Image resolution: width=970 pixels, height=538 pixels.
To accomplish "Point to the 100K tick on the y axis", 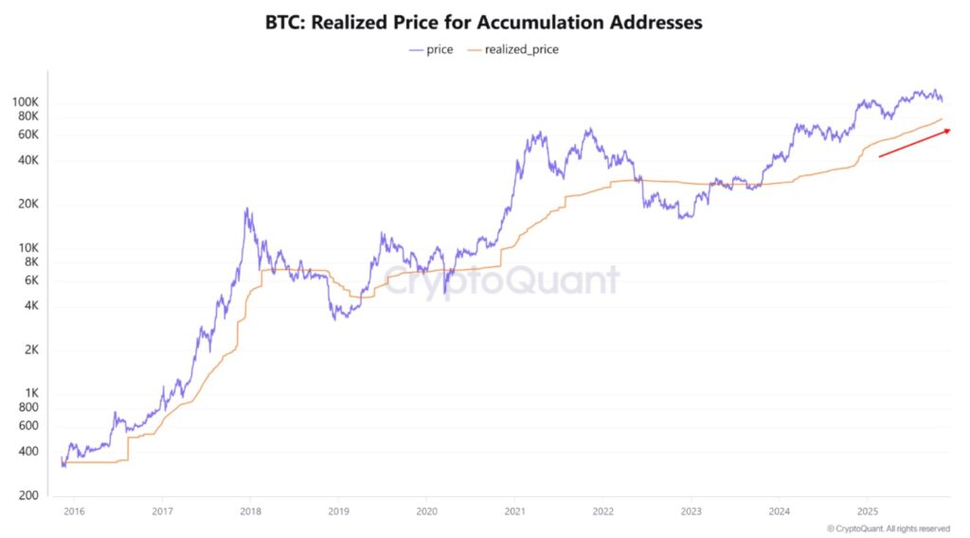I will (50, 102).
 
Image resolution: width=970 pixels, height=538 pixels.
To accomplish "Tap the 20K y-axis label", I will (53, 205).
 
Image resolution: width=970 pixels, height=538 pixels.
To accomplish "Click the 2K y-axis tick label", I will (56, 350).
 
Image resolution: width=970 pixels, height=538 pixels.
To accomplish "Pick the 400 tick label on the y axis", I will (55, 452).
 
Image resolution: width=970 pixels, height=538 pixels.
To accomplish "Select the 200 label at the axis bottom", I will (55, 495).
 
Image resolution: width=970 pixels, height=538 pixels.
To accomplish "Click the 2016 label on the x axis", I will (74, 511).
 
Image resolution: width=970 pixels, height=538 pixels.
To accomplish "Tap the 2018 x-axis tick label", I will (250, 511).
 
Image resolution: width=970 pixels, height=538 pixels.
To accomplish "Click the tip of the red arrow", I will (950, 130).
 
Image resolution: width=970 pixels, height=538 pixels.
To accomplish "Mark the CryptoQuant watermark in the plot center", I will (501, 281).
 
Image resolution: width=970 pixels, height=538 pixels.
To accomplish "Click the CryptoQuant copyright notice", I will (888, 528).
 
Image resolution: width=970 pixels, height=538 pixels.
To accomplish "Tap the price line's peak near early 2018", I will (247, 209).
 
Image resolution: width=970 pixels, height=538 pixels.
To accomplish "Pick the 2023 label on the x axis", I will (691, 511).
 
